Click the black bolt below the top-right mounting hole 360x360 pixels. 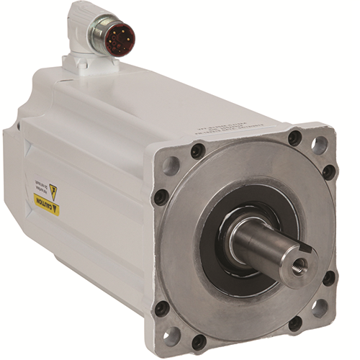pyautogui.click(x=328, y=172)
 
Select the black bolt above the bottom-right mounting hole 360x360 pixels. pyautogui.click(x=329, y=278)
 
